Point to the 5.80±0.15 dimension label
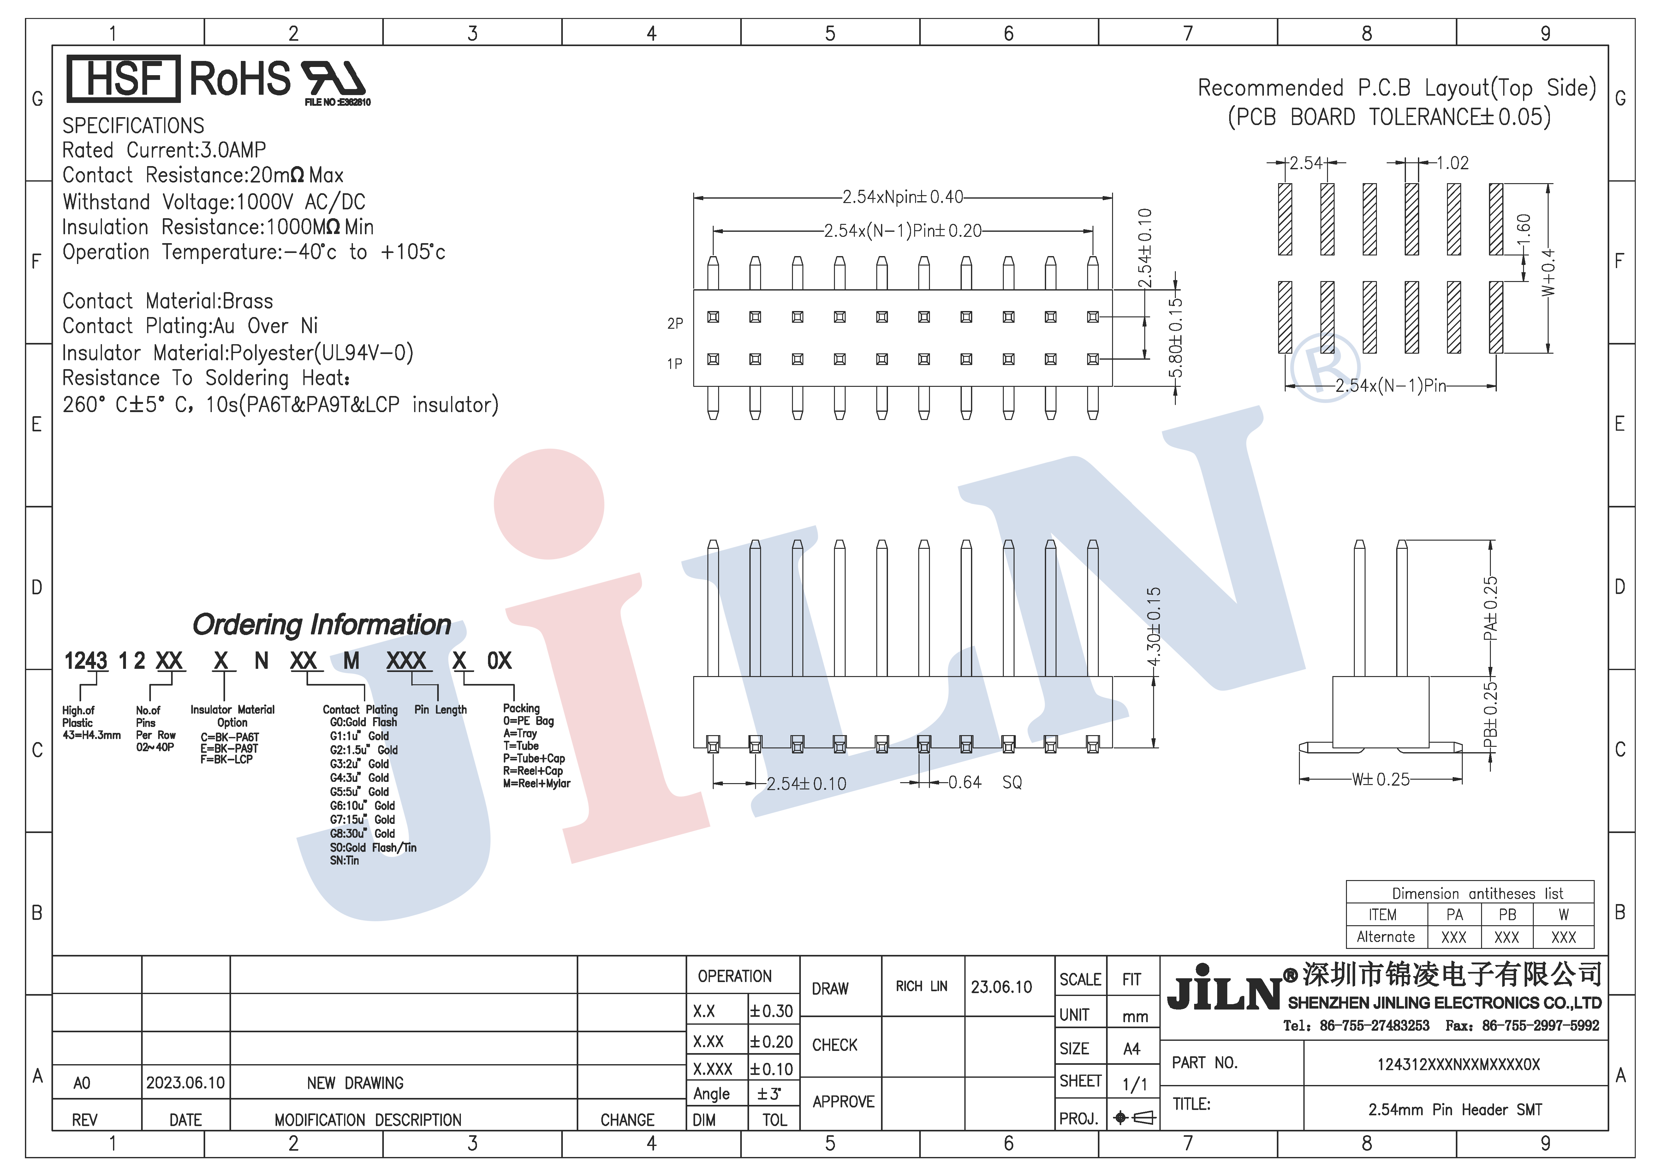[x=1176, y=338]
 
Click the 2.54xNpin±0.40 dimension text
[x=903, y=197]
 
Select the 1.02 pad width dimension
[x=1452, y=163]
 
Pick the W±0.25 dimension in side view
[x=1380, y=779]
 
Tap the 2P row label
[x=675, y=323]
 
